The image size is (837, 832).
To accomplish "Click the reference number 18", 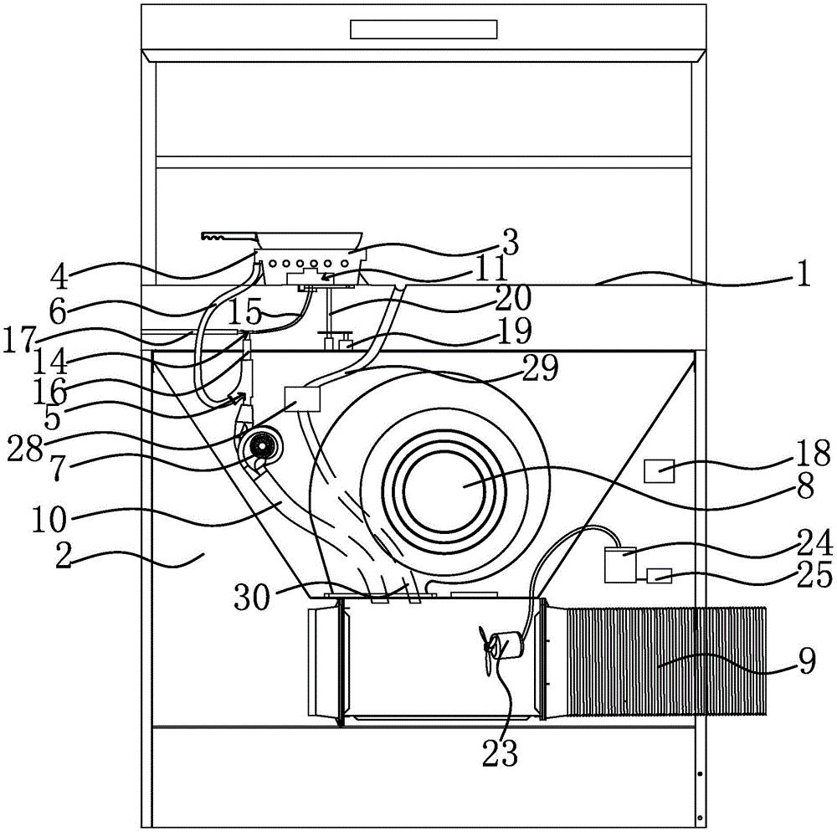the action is (x=814, y=453).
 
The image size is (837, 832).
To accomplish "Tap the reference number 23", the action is (x=500, y=753).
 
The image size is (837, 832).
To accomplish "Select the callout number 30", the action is (x=253, y=597).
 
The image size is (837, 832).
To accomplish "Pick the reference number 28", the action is (x=24, y=451).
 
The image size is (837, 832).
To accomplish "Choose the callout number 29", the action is (x=541, y=367).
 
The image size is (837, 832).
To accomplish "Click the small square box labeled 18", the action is (x=660, y=471).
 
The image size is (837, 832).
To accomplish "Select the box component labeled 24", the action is (x=619, y=565).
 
